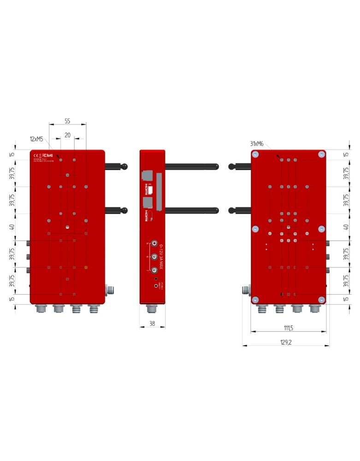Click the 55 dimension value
coord(67,121)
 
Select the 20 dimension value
coord(67,135)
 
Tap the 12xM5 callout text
coord(37,139)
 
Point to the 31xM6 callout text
coord(257,144)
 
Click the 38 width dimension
coord(152,324)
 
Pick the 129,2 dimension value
coord(286,342)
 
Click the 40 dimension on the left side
coord(12,227)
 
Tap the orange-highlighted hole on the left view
coord(86,267)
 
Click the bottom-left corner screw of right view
coord(255,300)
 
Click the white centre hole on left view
coord(67,227)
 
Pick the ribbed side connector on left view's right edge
coord(111,290)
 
